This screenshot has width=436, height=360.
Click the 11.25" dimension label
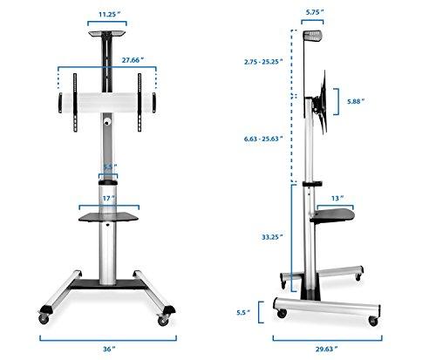(107, 14)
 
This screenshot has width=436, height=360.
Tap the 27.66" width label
(108, 59)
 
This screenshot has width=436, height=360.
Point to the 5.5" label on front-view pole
(108, 166)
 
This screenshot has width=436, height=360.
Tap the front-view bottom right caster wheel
(163, 312)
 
